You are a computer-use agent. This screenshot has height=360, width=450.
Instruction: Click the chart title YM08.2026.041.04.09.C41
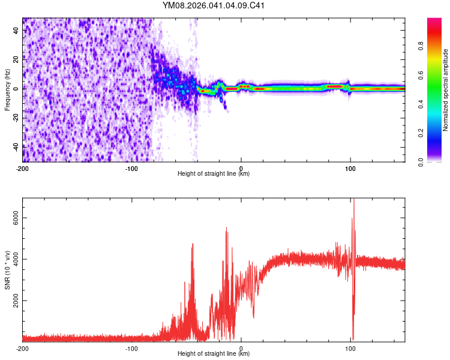coord(214,6)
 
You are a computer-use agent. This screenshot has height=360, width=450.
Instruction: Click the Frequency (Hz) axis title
coord(7,90)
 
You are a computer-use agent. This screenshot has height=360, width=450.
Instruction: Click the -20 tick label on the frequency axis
coord(16,118)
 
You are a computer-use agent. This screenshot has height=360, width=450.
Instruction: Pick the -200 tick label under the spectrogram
coord(23,168)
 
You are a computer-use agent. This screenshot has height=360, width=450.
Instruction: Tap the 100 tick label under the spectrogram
coord(350,168)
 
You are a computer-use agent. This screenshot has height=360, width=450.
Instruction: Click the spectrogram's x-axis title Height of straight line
coord(214,174)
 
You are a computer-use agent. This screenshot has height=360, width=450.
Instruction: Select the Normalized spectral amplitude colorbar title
coord(446,90)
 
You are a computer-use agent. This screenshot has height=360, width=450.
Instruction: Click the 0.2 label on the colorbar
coord(422,133)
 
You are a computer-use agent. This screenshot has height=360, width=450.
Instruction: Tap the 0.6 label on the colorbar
coord(422,76)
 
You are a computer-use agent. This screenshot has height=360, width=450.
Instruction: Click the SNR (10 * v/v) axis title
coord(7,270)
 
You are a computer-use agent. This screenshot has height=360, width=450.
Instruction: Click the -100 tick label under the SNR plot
coord(132,348)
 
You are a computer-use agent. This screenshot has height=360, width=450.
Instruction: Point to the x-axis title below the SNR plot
coord(214,354)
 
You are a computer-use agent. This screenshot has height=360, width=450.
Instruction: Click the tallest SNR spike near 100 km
coord(353,201)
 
